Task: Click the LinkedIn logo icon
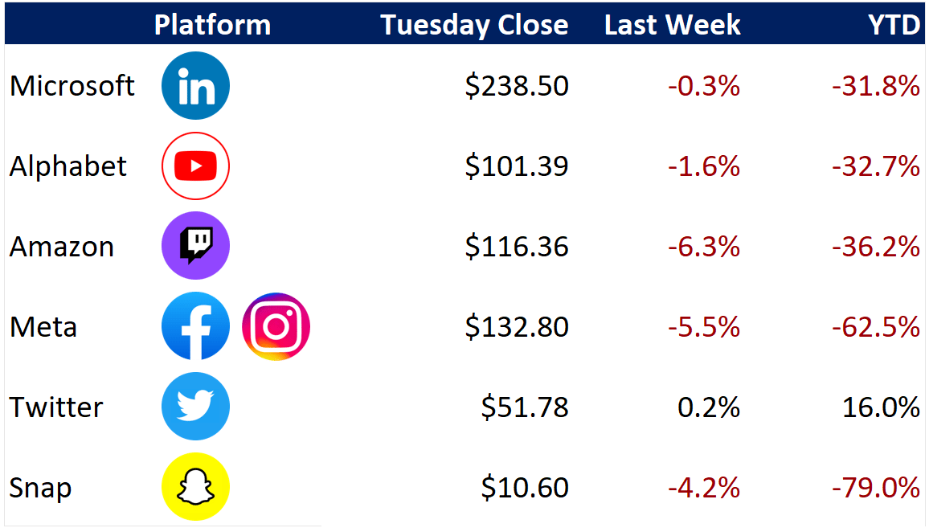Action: coord(195,86)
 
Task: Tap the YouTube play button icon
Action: coord(195,166)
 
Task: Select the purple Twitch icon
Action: coord(195,246)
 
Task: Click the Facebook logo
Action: coord(195,326)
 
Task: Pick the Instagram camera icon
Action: coord(276,326)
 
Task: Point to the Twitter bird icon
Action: coord(195,407)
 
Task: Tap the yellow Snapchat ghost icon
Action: coord(195,487)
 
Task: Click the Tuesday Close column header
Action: coord(474,25)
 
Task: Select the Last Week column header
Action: coord(673,25)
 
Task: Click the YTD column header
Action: coord(894,25)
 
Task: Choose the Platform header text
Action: coord(212,25)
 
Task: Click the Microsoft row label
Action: coord(72,86)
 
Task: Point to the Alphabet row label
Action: coord(68,166)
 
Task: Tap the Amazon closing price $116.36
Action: coord(517,247)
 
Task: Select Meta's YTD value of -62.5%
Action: coord(876,327)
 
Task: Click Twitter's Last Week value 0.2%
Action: coord(709,407)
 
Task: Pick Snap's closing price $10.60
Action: coord(524,488)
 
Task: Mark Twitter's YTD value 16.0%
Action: coord(881,407)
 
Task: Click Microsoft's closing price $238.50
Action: coord(517,86)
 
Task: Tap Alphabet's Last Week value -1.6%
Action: coord(704,166)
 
